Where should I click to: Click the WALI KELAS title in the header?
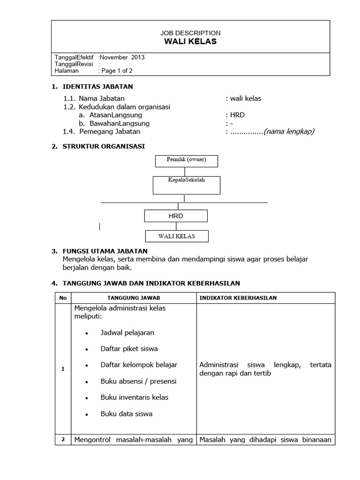190,41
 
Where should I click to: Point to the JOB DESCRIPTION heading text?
190,33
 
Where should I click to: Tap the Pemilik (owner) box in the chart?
186,160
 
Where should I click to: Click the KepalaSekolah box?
186,184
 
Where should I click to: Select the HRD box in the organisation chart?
176,216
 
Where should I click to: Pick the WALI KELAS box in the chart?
177,236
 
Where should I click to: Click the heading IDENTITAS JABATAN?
98,86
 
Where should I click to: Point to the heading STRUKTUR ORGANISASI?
104,146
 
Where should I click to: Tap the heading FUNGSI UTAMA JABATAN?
105,251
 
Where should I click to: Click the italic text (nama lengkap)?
289,131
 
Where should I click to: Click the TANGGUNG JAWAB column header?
134,298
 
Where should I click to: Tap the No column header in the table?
63,298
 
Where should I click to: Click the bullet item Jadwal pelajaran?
127,332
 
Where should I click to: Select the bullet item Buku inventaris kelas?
134,397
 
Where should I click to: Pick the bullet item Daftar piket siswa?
129,349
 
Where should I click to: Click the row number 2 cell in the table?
63,439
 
